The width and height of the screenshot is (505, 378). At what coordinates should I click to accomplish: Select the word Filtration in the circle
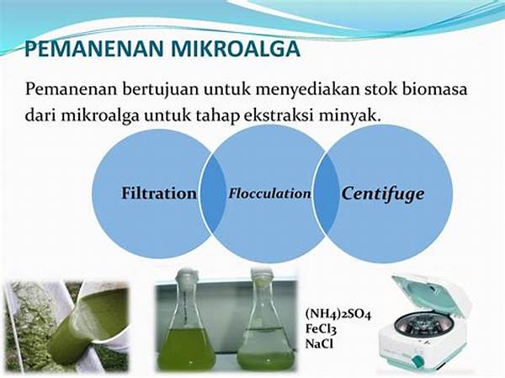pyautogui.click(x=159, y=194)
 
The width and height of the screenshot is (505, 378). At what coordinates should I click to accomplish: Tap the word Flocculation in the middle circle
pyautogui.click(x=269, y=194)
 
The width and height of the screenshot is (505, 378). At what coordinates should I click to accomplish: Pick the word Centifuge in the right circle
pyautogui.click(x=383, y=194)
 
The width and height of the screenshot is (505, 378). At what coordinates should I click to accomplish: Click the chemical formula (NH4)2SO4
pyautogui.click(x=338, y=314)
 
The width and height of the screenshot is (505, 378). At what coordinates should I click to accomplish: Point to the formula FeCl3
pyautogui.click(x=321, y=329)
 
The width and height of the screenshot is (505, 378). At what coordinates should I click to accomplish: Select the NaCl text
pyautogui.click(x=319, y=343)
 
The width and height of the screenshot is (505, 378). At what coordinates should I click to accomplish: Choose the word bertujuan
pyautogui.click(x=160, y=90)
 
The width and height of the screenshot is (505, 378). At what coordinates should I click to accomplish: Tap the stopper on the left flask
pyautogui.click(x=186, y=277)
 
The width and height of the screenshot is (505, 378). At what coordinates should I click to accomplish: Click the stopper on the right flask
pyautogui.click(x=261, y=276)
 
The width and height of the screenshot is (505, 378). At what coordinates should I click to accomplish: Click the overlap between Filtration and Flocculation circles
pyautogui.click(x=212, y=194)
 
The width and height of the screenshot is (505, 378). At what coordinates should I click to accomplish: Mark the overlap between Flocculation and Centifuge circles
pyautogui.click(x=327, y=194)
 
